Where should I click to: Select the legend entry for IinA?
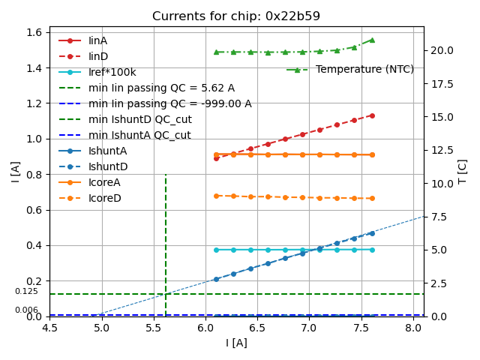click(98, 40)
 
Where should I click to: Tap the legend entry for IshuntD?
click(108, 166)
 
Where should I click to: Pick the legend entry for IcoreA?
click(104, 182)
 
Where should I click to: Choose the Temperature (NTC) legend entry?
click(364, 70)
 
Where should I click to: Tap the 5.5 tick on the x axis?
click(154, 328)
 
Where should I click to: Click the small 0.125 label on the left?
click(26, 292)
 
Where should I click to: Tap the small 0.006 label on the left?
click(26, 310)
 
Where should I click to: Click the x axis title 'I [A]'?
click(236, 343)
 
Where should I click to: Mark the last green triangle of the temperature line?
click(371, 40)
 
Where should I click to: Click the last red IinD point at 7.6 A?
click(371, 115)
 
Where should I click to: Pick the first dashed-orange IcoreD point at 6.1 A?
click(216, 196)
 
